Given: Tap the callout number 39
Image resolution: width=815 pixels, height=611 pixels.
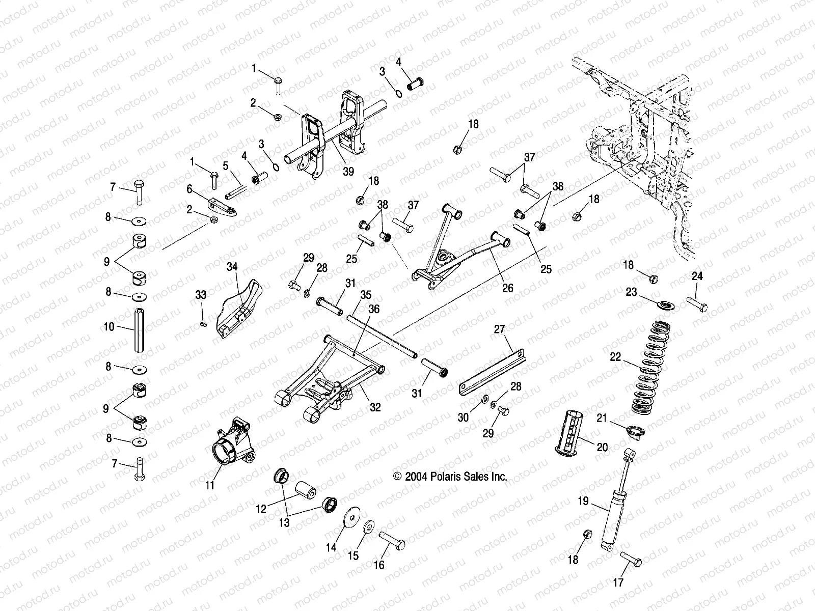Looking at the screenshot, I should pyautogui.click(x=348, y=172).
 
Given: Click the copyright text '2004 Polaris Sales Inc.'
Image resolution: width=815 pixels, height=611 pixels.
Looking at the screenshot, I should pyautogui.click(x=450, y=477).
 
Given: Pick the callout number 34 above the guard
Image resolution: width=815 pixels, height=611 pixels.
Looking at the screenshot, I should pyautogui.click(x=232, y=266).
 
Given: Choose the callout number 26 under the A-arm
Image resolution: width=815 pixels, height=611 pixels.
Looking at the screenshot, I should pyautogui.click(x=507, y=288).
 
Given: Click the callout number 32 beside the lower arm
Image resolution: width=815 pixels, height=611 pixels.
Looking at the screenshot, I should pyautogui.click(x=375, y=408).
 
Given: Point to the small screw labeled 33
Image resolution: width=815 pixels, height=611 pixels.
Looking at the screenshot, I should pyautogui.click(x=203, y=324).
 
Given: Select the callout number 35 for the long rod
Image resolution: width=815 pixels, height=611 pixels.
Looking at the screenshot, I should pyautogui.click(x=365, y=294).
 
